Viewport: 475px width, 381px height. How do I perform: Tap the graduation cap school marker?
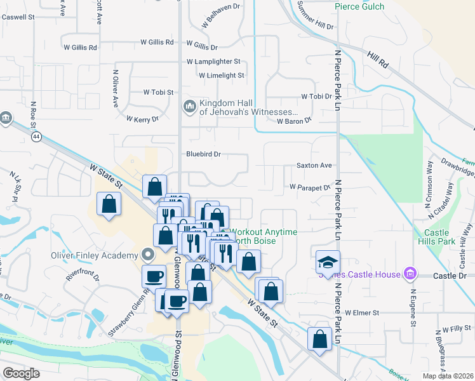point(328,262)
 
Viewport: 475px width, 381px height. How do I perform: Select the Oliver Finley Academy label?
point(95,256)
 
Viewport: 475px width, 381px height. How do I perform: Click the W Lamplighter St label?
point(213,62)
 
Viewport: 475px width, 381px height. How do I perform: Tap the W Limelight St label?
point(221,75)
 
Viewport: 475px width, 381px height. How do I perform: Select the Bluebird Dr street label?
point(203,154)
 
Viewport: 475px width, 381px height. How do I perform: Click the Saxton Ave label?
point(314,166)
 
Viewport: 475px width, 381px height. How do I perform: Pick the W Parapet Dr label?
point(311,187)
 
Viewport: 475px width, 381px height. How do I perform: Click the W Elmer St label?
point(362,313)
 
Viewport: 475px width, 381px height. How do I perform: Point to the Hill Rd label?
point(377,60)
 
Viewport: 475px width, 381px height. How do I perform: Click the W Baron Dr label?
point(294,120)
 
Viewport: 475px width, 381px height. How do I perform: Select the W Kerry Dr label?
point(142,119)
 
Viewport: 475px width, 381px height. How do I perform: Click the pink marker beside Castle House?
point(410,274)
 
